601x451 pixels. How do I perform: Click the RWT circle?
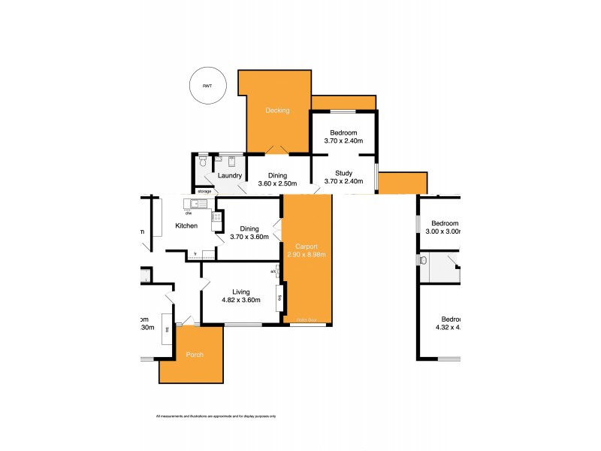coord(207,86)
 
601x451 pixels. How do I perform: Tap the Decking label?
coord(278,111)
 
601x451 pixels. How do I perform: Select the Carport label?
coord(307,246)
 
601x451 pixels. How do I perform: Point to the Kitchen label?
coord(186,225)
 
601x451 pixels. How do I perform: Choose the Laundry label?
coord(229,176)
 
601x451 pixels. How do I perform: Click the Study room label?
coord(343,173)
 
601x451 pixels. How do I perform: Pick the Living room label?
coord(240,292)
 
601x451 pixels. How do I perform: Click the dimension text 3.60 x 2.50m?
coord(277,183)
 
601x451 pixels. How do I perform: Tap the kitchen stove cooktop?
coord(216,218)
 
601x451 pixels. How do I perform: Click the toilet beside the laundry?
coord(203,162)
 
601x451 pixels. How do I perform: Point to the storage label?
coord(204,191)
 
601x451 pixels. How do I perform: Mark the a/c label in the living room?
coord(273,271)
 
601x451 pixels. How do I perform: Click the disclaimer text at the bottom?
coord(216,416)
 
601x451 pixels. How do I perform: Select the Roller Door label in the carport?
coord(307,320)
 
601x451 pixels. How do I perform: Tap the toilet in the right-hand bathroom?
coord(424,261)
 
